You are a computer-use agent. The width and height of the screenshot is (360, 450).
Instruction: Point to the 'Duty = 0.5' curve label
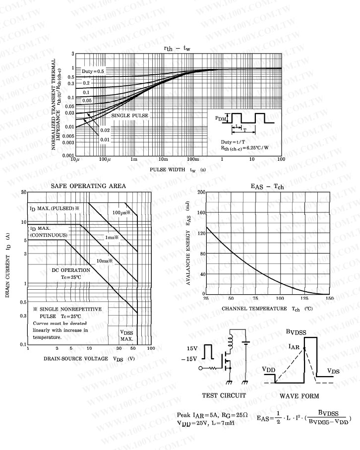pyautogui.click(x=93, y=71)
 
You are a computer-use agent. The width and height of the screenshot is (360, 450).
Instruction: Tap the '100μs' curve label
pyautogui.click(x=120, y=212)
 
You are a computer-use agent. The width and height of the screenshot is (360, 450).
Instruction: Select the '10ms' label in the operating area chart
pyautogui.click(x=104, y=260)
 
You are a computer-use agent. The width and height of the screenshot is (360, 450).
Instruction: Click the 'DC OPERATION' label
pyautogui.click(x=71, y=270)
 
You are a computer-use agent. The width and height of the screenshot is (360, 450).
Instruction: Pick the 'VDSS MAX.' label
pyautogui.click(x=127, y=336)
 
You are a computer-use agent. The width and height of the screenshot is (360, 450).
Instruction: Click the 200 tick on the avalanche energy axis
pyautogui.click(x=201, y=192)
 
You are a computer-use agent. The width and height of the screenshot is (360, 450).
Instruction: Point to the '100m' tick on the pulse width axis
pyautogui.click(x=192, y=159)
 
